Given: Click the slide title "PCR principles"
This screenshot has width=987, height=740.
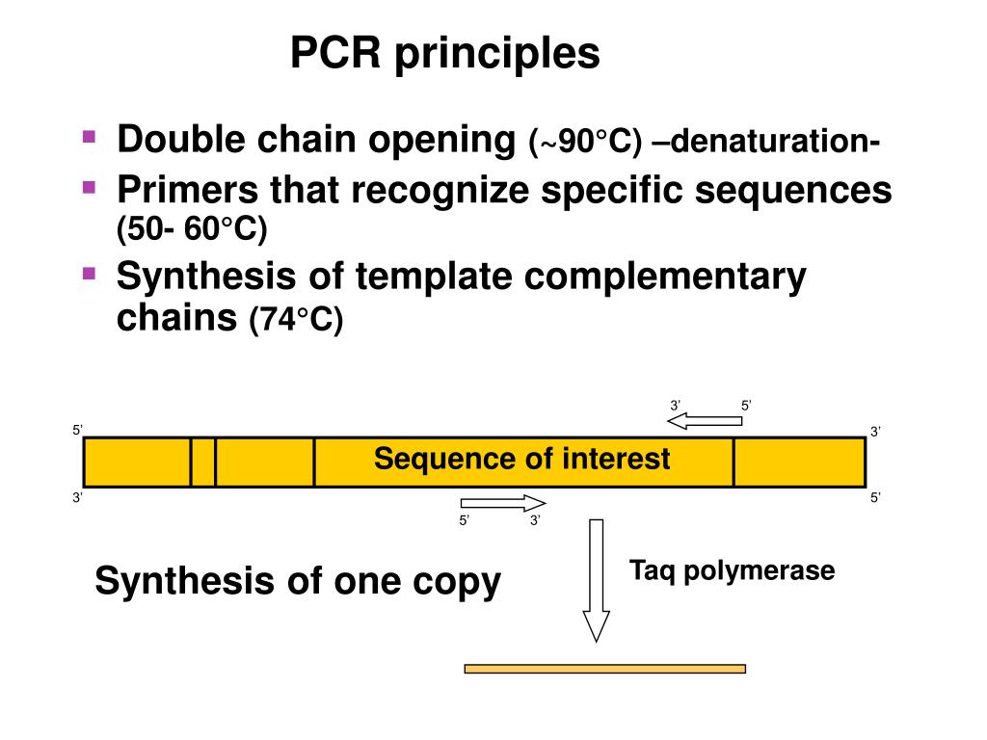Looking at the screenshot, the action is [x=445, y=54].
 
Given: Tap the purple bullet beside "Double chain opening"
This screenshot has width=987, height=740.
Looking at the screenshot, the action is [x=89, y=137].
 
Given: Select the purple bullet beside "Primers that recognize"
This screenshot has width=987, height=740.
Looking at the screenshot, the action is [x=89, y=187].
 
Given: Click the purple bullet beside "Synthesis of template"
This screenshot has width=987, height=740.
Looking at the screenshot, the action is [x=89, y=273].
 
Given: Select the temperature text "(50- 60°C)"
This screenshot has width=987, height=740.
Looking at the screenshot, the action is [x=192, y=228].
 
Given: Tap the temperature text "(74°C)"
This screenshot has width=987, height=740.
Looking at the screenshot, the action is [x=296, y=319].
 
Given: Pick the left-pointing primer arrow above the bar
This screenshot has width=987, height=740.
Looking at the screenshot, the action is [x=705, y=421].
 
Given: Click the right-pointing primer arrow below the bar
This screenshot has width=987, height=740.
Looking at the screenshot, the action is [x=503, y=503].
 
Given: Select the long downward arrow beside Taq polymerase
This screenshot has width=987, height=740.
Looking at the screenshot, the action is [x=596, y=580].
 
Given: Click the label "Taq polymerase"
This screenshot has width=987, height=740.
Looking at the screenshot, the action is [x=733, y=571].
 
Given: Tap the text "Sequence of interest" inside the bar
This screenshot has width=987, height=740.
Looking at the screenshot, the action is [x=521, y=458].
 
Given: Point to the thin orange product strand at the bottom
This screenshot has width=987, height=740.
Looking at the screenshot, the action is [x=605, y=669].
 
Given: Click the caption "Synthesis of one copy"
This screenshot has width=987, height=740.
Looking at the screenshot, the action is [x=298, y=582].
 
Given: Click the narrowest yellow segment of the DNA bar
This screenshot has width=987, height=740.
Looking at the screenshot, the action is [x=202, y=462].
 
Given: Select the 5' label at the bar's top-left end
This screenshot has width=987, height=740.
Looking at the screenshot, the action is [x=77, y=431].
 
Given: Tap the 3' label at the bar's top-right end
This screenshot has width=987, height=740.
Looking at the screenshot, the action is [x=875, y=432].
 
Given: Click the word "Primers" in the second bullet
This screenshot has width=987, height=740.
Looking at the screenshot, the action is [x=188, y=190].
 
